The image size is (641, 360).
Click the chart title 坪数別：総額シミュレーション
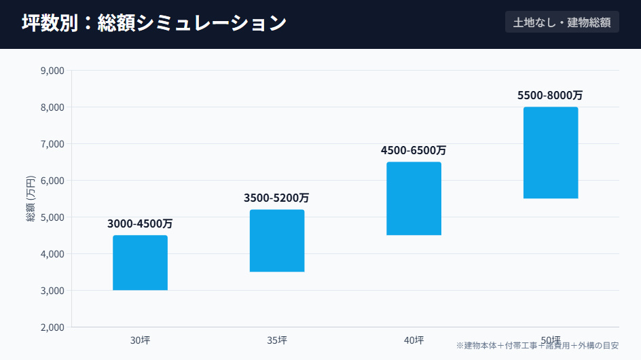(x=153, y=23)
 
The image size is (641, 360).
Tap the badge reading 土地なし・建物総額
(x=562, y=22)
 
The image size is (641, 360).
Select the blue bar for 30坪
(x=140, y=263)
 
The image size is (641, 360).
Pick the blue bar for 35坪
(x=277, y=240)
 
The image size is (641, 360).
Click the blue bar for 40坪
(x=414, y=198)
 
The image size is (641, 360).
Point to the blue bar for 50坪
(x=551, y=153)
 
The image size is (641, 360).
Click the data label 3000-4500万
(x=140, y=223)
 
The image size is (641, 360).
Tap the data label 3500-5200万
(x=276, y=198)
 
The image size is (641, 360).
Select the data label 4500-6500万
(x=414, y=150)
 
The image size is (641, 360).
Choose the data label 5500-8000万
(x=550, y=95)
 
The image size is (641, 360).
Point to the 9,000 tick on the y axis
(x=52, y=71)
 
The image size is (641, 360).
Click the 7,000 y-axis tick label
(x=52, y=144)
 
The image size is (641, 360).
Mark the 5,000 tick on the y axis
(x=52, y=217)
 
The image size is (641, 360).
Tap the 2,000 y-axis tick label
(x=52, y=327)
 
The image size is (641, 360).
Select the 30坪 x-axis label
(x=140, y=340)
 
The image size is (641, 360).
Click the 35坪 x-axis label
(x=277, y=340)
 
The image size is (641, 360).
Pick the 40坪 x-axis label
(x=414, y=340)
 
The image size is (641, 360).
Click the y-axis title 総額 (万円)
(x=31, y=198)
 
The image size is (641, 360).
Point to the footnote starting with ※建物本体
(x=537, y=346)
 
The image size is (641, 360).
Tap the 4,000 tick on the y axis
(x=52, y=254)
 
